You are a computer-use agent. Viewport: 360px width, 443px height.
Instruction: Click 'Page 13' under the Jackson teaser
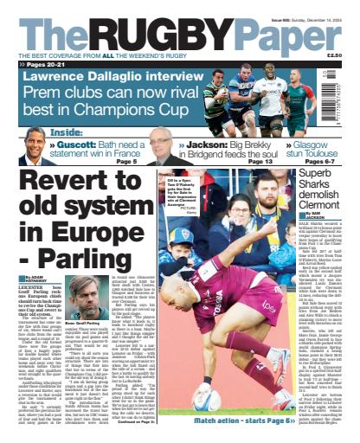(260, 162)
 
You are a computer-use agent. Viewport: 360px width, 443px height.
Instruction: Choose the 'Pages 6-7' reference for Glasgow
(324, 162)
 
